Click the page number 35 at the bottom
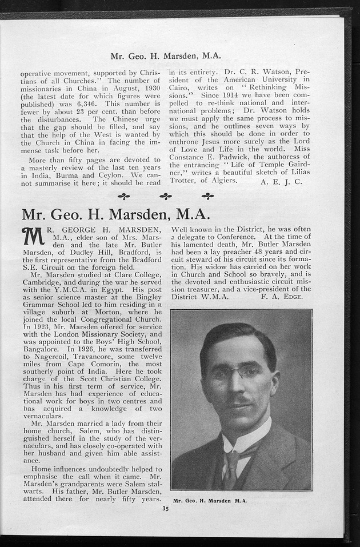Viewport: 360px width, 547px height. pyautogui.click(x=165, y=508)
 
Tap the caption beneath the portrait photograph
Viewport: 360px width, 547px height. pyautogui.click(x=210, y=500)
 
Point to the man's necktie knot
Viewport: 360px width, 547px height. pyautogui.click(x=232, y=457)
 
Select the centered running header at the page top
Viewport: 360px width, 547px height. pyautogui.click(x=165, y=56)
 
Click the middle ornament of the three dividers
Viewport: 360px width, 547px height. pyautogui.click(x=166, y=196)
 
